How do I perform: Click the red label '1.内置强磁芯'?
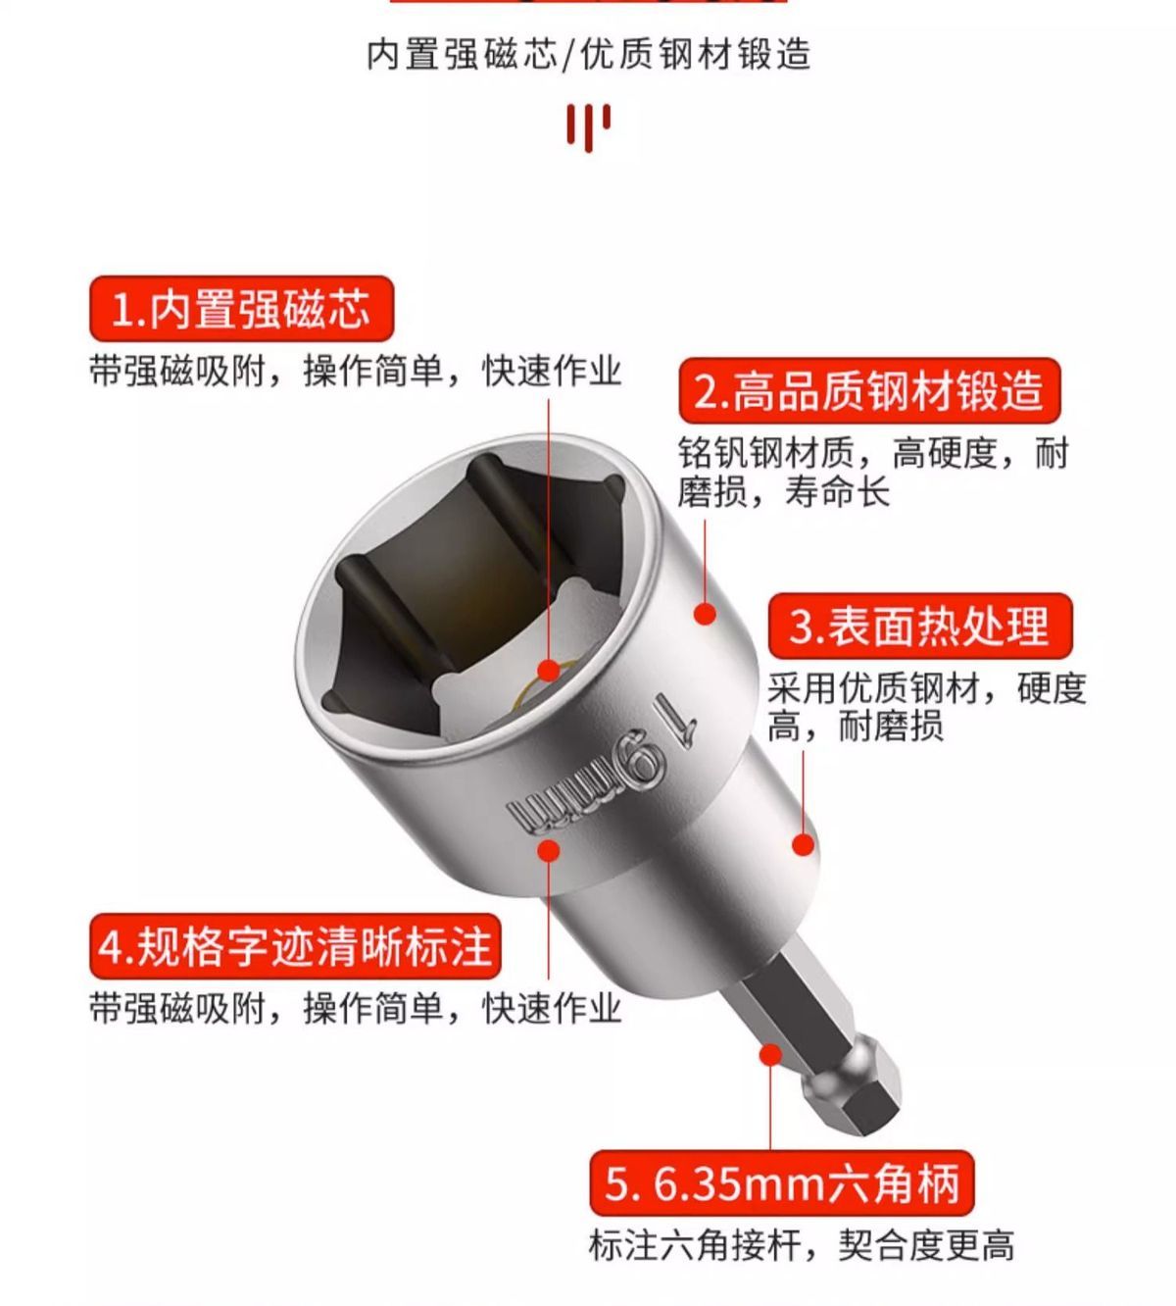pyautogui.click(x=241, y=309)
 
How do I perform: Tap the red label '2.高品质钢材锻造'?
pyautogui.click(x=869, y=390)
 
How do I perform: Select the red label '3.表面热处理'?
pyautogui.click(x=920, y=627)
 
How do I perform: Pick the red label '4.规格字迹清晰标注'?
pyautogui.click(x=295, y=946)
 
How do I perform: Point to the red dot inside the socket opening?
pyautogui.click(x=549, y=671)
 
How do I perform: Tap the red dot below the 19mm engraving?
pyautogui.click(x=549, y=850)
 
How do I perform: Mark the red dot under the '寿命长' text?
pyautogui.click(x=705, y=613)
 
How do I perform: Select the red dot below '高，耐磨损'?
pyautogui.click(x=804, y=845)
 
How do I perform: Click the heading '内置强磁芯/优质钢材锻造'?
pyautogui.click(x=588, y=54)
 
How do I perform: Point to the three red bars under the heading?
pyautogui.click(x=588, y=127)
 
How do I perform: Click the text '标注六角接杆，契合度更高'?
pyautogui.click(x=801, y=1245)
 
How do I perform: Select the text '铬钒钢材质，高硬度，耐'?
pyautogui.click(x=873, y=453)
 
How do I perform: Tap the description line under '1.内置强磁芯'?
pyautogui.click(x=356, y=372)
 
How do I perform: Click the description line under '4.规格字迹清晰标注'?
pyautogui.click(x=356, y=1009)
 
